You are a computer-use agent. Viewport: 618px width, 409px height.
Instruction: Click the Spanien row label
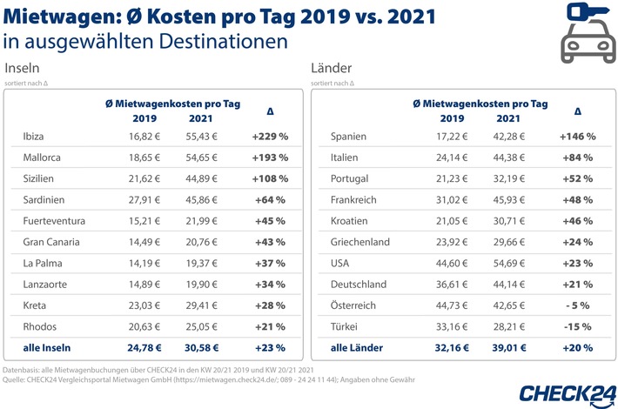(352, 137)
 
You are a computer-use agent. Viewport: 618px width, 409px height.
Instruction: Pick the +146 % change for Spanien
(578, 137)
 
